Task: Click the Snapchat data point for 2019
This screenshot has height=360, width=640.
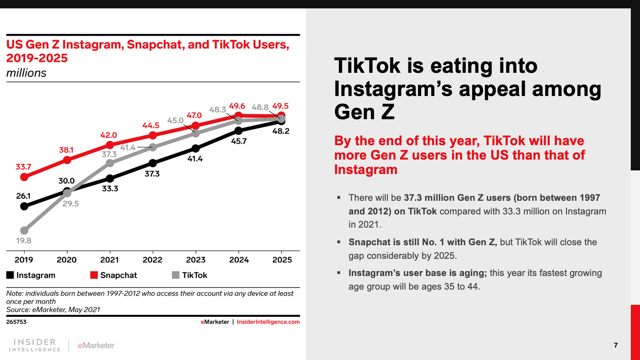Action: pos(24,176)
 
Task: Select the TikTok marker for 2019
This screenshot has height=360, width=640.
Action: pos(24,230)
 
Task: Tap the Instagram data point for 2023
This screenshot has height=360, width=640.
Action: pos(196,148)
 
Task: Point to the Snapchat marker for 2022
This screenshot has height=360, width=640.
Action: pos(152,135)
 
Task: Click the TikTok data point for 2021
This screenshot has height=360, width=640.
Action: pos(110,163)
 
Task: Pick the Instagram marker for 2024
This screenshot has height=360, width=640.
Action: pos(238,130)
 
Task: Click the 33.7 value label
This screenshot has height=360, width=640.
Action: pos(23,167)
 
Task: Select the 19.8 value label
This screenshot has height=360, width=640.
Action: pos(24,240)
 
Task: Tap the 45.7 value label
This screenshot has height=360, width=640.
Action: pos(239,141)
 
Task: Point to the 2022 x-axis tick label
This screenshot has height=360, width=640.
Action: pos(152,260)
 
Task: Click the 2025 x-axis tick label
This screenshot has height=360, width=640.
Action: pos(282,260)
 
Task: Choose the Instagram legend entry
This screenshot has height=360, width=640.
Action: pos(31,275)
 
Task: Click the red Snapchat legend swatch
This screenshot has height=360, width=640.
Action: pos(94,275)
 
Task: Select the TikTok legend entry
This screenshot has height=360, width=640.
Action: pos(190,275)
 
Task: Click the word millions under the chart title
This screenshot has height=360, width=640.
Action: pos(26,73)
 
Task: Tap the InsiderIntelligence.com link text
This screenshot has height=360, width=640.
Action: pos(268,322)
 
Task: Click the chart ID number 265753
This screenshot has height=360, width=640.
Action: pos(16,322)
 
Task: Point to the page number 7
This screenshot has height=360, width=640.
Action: pos(616,345)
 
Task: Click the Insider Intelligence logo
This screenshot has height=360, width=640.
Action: pos(34,345)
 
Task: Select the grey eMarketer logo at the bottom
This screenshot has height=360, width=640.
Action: pos(96,345)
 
